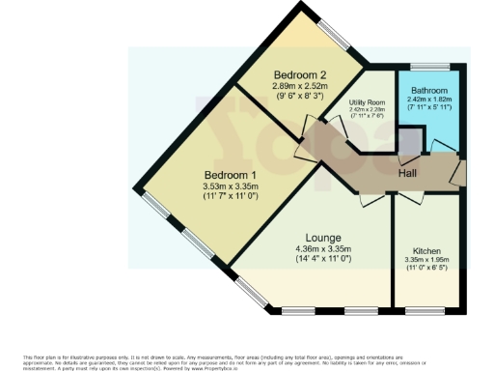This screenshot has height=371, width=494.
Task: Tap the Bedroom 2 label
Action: (x=300, y=74)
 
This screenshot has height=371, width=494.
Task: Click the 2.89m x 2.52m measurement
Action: (x=301, y=86)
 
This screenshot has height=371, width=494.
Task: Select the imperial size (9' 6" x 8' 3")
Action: (x=301, y=97)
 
